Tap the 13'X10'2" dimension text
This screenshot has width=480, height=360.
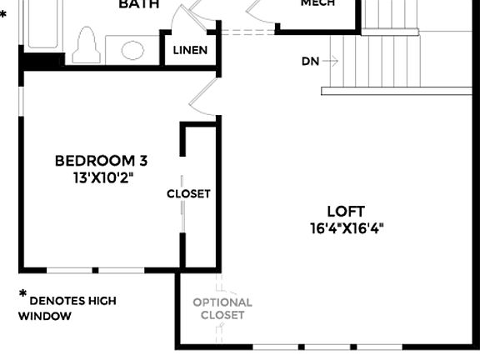tap(102, 177)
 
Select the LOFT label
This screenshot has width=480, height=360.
tap(346, 212)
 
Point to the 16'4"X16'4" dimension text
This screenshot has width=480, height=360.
tap(347, 228)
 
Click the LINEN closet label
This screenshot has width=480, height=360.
tap(190, 50)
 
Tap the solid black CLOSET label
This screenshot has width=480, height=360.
tap(188, 193)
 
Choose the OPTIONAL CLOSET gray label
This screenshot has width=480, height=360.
tap(222, 308)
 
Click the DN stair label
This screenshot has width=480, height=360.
tap(310, 62)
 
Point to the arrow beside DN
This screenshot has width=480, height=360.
tap(331, 61)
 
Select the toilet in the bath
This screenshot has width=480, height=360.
tap(87, 46)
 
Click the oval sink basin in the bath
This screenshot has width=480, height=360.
tap(132, 51)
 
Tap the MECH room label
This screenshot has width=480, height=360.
tap(317, 3)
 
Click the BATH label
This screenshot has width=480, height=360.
tap(139, 4)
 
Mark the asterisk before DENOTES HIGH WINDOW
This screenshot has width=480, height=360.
tap(22, 294)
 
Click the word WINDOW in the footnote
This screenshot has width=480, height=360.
tap(44, 317)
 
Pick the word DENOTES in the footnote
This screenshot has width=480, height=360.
tap(60, 301)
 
